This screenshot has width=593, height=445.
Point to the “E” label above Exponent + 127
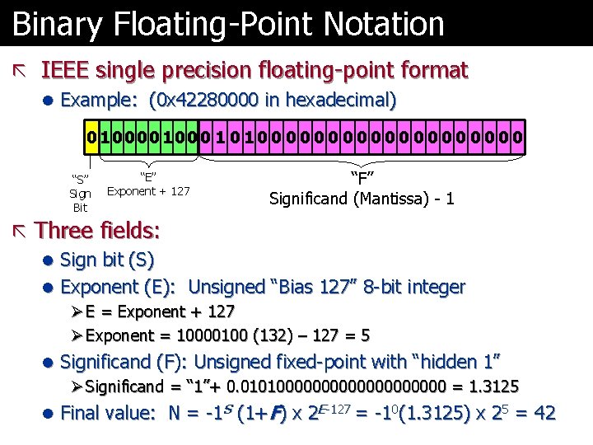(148, 176)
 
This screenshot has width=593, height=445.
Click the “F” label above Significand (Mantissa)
(362, 176)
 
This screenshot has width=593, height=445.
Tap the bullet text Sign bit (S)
(108, 260)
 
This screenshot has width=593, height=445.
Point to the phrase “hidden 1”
(460, 361)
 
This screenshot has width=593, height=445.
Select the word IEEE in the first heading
(66, 70)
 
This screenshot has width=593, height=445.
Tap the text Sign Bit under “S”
(80, 200)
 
